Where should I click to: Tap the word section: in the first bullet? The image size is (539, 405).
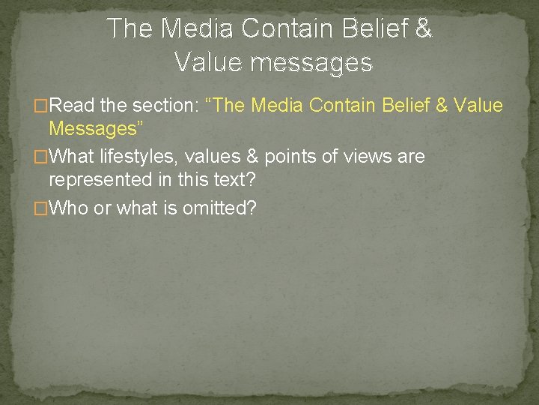tap(164, 105)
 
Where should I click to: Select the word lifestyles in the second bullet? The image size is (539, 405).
tap(137, 157)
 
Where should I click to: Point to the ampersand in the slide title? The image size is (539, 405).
tap(423, 29)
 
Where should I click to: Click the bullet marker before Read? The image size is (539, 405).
tap(42, 106)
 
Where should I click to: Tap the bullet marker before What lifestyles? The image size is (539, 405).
tap(42, 157)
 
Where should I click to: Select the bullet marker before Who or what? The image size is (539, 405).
tap(42, 208)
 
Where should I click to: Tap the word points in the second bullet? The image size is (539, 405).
tap(287, 157)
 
